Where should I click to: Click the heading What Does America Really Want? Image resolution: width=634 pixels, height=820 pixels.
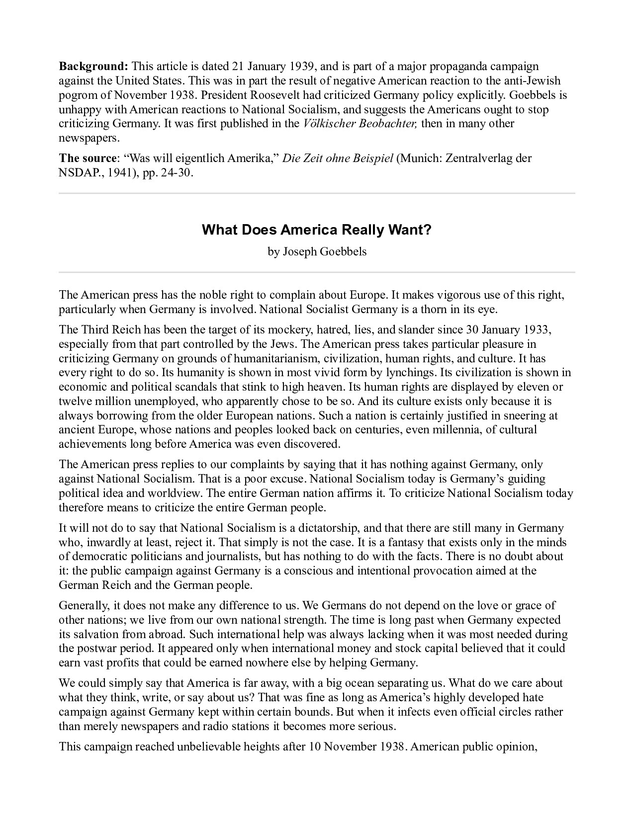click(317, 230)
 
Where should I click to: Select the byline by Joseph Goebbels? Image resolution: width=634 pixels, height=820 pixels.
click(317, 251)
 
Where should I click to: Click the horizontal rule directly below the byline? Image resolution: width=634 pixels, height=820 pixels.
click(317, 272)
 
